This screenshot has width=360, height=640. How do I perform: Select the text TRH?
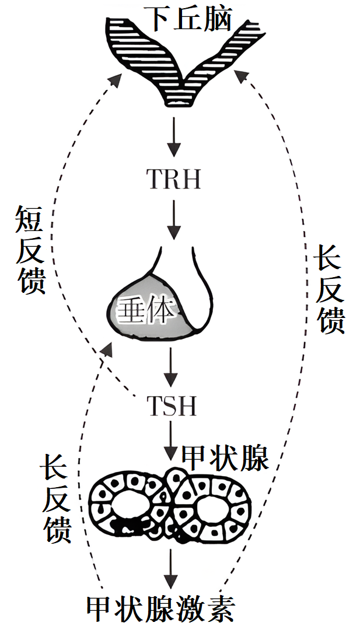point(173,179)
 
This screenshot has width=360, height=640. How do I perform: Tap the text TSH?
point(172,405)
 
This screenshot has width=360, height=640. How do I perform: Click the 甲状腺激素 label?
point(160,610)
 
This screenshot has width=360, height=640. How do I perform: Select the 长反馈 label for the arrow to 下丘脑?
point(330,289)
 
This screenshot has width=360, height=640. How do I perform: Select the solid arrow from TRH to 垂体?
point(172,219)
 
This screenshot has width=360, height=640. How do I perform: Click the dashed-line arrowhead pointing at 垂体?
point(107,348)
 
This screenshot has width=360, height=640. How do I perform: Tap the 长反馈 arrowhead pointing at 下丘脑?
point(240,76)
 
